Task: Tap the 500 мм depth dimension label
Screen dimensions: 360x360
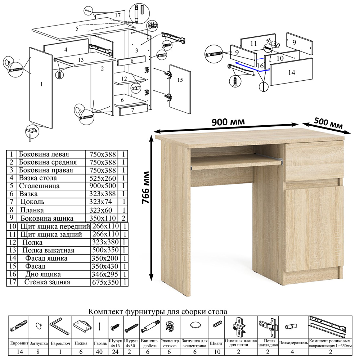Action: click(x=328, y=123)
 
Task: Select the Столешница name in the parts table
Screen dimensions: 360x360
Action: click(x=39, y=186)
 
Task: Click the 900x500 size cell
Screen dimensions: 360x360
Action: click(x=103, y=186)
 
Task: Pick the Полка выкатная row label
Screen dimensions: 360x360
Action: click(x=48, y=250)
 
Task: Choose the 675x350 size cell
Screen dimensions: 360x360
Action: click(x=105, y=282)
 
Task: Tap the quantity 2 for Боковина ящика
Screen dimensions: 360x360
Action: click(x=123, y=218)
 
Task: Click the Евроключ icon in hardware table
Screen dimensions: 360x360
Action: click(x=59, y=326)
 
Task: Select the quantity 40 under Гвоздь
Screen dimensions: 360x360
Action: click(x=99, y=352)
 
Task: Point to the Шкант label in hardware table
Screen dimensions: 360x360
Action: click(x=216, y=343)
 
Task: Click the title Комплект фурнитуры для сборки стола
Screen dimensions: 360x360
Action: click(x=158, y=312)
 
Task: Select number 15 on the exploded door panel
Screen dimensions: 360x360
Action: click(x=180, y=80)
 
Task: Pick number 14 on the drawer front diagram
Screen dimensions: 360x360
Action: click(x=292, y=73)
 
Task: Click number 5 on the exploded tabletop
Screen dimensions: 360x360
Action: click(x=77, y=28)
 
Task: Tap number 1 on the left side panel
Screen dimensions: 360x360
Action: click(x=41, y=84)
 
